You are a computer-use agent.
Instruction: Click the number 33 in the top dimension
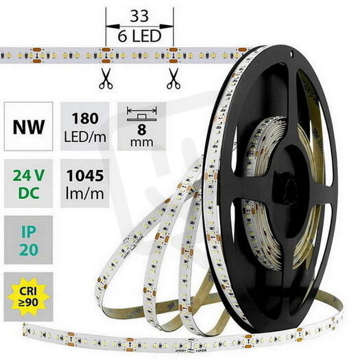click(x=139, y=16)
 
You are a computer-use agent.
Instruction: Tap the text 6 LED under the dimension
click(x=139, y=36)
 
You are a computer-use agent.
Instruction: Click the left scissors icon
click(x=106, y=78)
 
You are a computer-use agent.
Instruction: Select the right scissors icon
click(x=173, y=78)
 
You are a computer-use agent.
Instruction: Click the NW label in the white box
click(x=29, y=127)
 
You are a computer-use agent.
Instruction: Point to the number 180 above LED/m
click(x=85, y=119)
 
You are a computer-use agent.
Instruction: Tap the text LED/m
click(x=85, y=137)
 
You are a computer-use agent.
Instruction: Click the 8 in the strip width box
click(x=142, y=129)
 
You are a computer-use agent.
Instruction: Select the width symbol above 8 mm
click(x=142, y=114)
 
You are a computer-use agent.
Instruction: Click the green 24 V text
click(x=29, y=176)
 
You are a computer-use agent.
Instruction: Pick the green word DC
click(x=29, y=193)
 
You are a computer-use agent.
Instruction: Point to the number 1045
click(x=85, y=176)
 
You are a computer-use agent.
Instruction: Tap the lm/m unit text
click(x=85, y=193)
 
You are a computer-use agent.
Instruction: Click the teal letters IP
click(x=29, y=232)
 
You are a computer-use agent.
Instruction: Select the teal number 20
click(x=29, y=250)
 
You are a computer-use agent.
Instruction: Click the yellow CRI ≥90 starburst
click(x=28, y=297)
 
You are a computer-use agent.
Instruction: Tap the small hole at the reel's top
click(x=291, y=54)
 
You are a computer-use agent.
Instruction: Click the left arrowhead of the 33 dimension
click(x=112, y=27)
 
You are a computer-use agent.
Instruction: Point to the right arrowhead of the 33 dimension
click(x=167, y=27)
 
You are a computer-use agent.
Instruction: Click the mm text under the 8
click(x=142, y=143)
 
